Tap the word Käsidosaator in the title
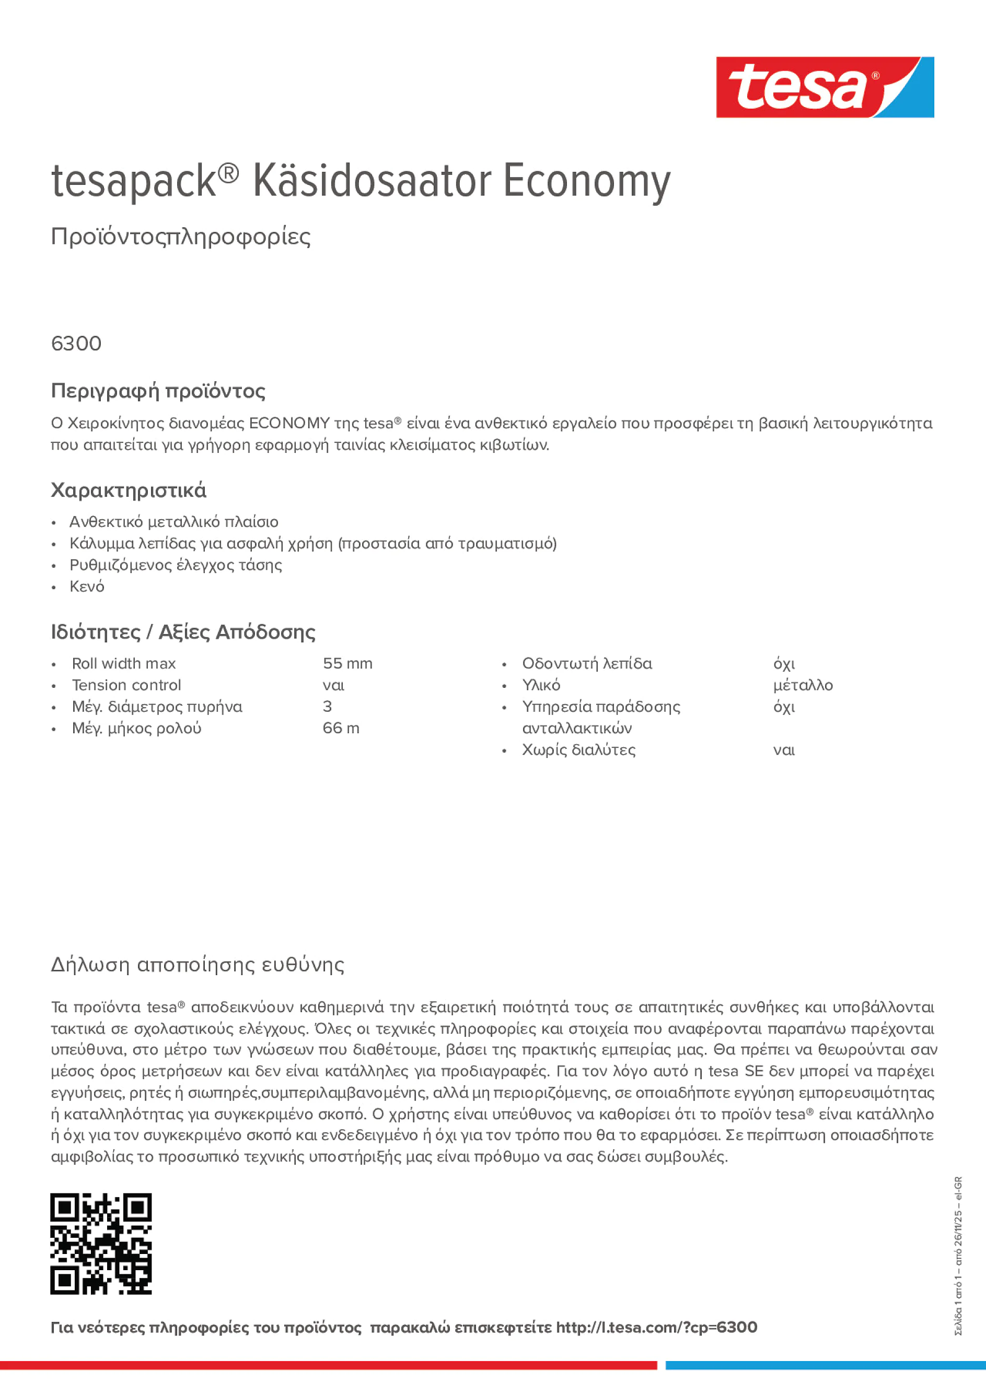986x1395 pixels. [372, 181]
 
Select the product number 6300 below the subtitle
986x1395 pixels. [76, 344]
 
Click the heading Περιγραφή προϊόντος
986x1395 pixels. [158, 391]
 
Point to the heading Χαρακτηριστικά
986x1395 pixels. [128, 490]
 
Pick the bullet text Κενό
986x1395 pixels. [87, 587]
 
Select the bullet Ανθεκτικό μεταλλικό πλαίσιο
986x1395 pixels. [174, 522]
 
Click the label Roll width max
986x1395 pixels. [123, 663]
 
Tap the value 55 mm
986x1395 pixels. [347, 663]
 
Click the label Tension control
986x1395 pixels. [126, 685]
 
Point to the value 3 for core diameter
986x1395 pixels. [327, 707]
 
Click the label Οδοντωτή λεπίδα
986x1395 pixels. [587, 663]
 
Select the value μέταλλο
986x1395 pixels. [803, 685]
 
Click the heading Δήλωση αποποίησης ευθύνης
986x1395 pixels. [198, 965]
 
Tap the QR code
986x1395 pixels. [101, 1244]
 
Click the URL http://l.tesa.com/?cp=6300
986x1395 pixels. [656, 1328]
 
